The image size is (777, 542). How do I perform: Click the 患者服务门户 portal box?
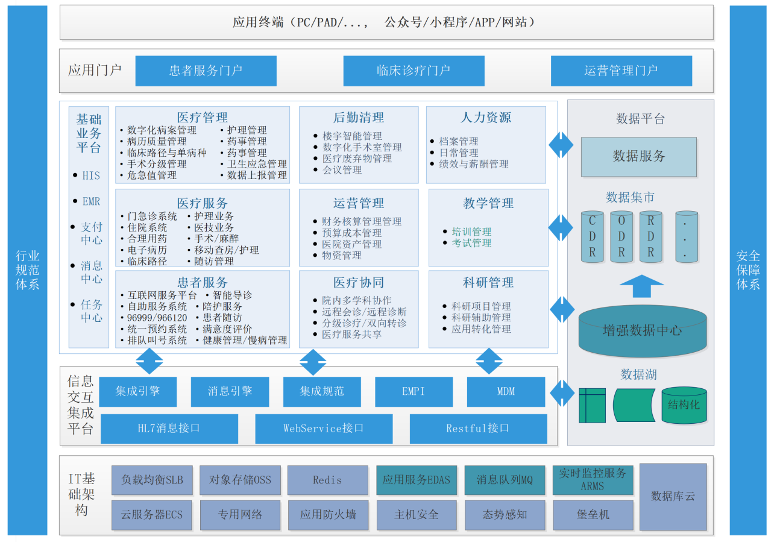(206, 71)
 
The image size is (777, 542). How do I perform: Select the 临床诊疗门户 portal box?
(414, 71)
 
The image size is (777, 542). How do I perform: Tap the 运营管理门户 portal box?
(621, 71)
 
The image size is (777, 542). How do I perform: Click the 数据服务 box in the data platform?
(638, 156)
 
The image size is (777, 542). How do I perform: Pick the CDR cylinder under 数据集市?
(592, 236)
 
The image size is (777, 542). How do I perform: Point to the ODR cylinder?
(621, 236)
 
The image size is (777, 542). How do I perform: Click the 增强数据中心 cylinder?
(642, 330)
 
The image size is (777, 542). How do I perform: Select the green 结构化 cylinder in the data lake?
(684, 405)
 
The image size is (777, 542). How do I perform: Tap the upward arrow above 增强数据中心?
(641, 286)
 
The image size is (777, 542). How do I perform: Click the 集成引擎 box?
(138, 391)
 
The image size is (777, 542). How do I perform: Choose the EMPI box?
(414, 391)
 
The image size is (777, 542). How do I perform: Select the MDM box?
(506, 391)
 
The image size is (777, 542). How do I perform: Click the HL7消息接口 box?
(169, 429)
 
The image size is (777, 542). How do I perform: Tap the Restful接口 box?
(478, 429)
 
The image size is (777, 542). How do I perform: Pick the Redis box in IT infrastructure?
(327, 481)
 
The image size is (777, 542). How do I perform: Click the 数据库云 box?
(673, 496)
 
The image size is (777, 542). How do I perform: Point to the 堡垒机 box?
(593, 515)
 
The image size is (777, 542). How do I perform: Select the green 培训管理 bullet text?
(471, 232)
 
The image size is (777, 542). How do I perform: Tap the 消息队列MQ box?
(505, 481)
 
